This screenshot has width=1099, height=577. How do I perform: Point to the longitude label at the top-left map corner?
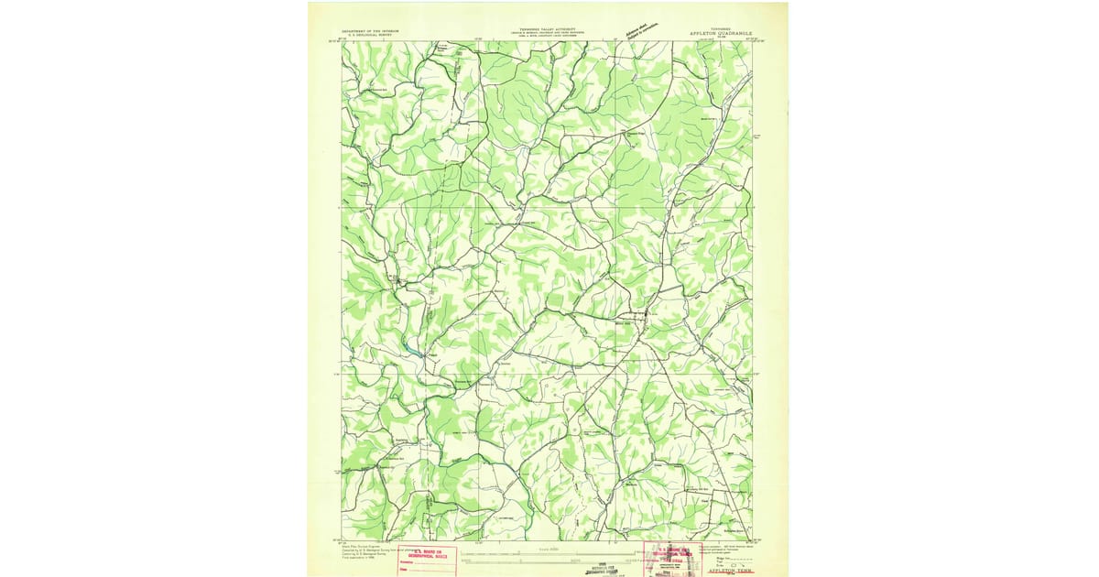343,38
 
